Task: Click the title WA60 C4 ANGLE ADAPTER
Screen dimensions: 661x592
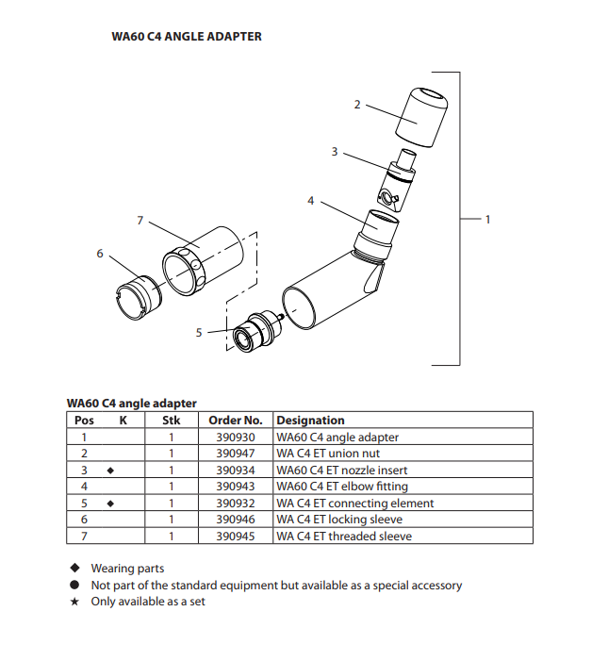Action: point(187,37)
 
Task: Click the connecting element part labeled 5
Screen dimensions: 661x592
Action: point(254,333)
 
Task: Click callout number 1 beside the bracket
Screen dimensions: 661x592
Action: point(487,219)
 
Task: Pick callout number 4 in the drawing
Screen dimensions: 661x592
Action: point(310,201)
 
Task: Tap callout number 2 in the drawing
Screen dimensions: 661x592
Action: point(356,104)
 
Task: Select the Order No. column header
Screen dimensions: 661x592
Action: point(235,420)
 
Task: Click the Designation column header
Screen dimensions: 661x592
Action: point(311,420)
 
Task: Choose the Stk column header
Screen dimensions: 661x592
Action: point(172,420)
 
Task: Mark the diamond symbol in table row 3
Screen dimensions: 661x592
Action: point(111,470)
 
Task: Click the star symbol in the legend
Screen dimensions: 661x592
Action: point(74,602)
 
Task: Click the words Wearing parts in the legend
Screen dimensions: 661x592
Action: point(127,569)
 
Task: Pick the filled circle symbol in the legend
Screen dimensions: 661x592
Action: point(74,586)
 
